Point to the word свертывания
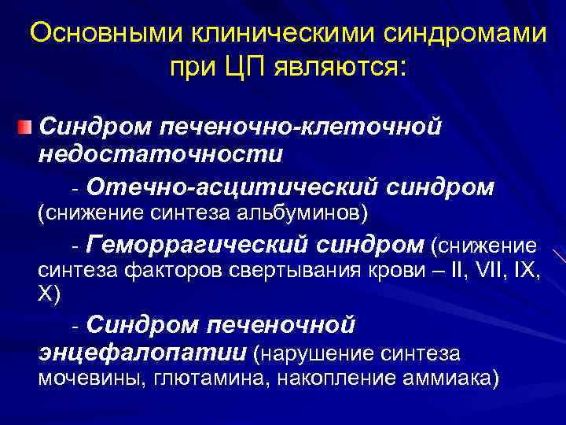(270, 272)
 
